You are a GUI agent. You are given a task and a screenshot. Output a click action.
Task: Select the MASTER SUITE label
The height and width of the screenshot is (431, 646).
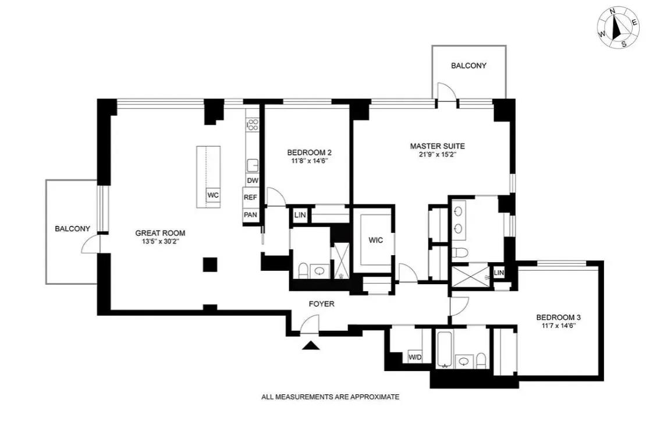[x=437, y=146]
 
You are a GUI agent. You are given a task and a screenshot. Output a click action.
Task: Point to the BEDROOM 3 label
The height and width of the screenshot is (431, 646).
[x=558, y=317]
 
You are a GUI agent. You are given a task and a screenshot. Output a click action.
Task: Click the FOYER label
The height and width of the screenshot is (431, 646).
[x=321, y=303]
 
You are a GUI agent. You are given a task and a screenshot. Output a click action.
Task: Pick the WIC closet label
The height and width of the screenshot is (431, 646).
[x=375, y=240]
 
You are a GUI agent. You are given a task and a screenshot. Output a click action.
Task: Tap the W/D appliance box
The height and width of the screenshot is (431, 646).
[x=415, y=357]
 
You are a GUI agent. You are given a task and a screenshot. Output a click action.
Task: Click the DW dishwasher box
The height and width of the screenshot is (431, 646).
[x=253, y=181]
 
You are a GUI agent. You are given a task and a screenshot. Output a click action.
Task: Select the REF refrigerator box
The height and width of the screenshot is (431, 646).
[x=250, y=197]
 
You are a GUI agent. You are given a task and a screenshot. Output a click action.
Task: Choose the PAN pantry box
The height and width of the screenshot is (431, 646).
[x=250, y=214]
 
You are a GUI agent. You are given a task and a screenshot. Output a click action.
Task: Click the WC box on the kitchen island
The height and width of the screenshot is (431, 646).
[x=213, y=195]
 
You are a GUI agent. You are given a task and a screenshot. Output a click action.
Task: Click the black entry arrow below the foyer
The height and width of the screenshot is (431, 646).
[x=312, y=345]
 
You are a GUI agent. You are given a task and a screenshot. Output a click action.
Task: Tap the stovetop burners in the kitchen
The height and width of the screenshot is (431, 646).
[x=253, y=124]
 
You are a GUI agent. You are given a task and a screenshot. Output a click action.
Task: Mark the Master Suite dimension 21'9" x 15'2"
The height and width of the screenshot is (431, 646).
[x=437, y=155]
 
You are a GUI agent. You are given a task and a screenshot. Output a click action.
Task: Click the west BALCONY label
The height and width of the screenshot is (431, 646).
[x=72, y=229]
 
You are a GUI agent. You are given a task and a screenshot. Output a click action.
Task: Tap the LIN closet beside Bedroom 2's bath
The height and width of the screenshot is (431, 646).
[x=300, y=215]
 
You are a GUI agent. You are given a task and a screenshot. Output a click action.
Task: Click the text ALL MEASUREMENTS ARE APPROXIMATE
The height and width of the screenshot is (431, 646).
[x=330, y=397]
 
